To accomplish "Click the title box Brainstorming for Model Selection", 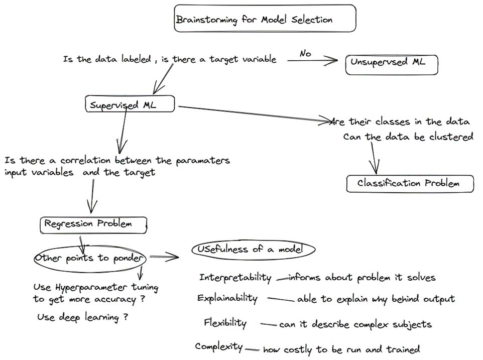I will click(x=265, y=19).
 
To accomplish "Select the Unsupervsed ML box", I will click(x=392, y=64).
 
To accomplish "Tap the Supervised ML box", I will click(x=130, y=104).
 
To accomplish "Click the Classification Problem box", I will click(x=409, y=183).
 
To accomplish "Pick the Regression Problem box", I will click(x=93, y=224).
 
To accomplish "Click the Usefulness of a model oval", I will click(x=254, y=250).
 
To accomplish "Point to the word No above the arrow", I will click(x=305, y=53).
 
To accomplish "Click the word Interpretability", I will click(x=235, y=278).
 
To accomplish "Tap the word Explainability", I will click(x=227, y=298).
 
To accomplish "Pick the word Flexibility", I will click(x=225, y=323).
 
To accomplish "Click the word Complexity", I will click(x=219, y=346).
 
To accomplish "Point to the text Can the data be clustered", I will click(x=408, y=137).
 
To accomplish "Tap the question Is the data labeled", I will click(x=106, y=59).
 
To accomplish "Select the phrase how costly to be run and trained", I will click(x=341, y=349).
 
